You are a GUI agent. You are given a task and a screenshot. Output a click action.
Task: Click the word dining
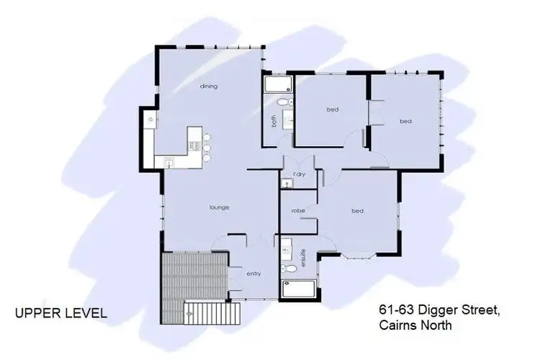pos(209,86)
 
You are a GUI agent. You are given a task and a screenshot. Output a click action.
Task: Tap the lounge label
pos(220,207)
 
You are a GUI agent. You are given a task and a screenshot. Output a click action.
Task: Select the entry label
pos(253,274)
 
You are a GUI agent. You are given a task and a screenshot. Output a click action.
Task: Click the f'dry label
pos(299,176)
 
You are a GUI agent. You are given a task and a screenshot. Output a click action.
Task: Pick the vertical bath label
pos(274,122)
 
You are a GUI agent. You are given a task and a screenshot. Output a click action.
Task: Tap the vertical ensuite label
pos(303,256)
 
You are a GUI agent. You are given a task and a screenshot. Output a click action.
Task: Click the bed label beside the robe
pos(357,211)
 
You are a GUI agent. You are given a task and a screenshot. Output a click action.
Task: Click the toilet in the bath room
pos(283,102)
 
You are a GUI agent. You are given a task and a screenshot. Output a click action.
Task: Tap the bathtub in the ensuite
pos(297,290)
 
